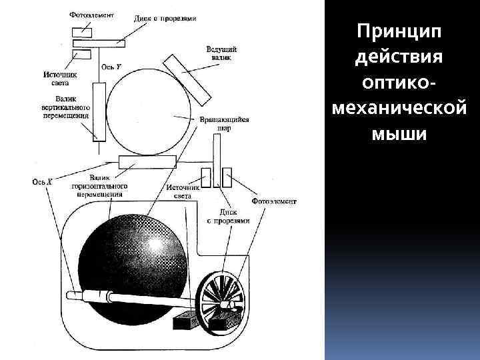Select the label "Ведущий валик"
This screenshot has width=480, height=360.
pos(220,53)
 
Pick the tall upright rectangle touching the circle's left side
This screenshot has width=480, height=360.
pos(99,111)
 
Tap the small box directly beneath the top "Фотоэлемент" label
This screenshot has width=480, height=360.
pos(83,31)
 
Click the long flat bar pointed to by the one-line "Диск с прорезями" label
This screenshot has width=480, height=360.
pos(99,43)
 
